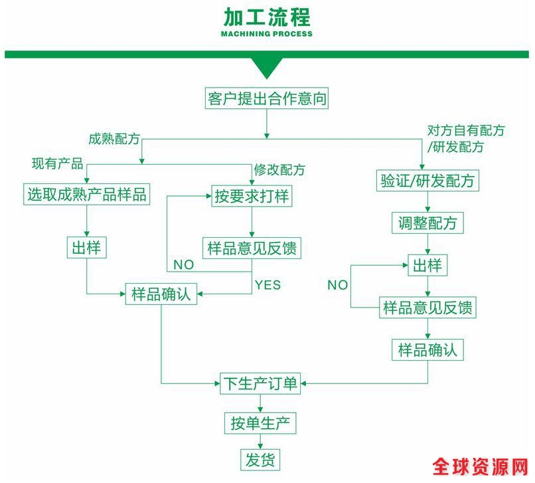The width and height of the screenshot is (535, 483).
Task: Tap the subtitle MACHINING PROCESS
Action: [267, 34]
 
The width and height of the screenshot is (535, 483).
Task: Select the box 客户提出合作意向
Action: [267, 99]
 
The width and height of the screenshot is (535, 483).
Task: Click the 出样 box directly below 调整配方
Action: [427, 266]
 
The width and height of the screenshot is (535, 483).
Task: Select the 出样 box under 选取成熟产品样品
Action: [86, 248]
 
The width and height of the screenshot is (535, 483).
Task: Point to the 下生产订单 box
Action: [261, 383]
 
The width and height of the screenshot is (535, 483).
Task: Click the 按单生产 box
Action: [260, 422]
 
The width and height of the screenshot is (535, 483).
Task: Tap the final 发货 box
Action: [260, 459]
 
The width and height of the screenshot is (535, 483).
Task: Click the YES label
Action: [267, 285]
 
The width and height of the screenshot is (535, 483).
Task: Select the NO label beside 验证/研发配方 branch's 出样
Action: [337, 285]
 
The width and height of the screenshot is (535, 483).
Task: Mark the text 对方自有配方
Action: [465, 130]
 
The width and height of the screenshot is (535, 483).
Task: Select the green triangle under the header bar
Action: [267, 67]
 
